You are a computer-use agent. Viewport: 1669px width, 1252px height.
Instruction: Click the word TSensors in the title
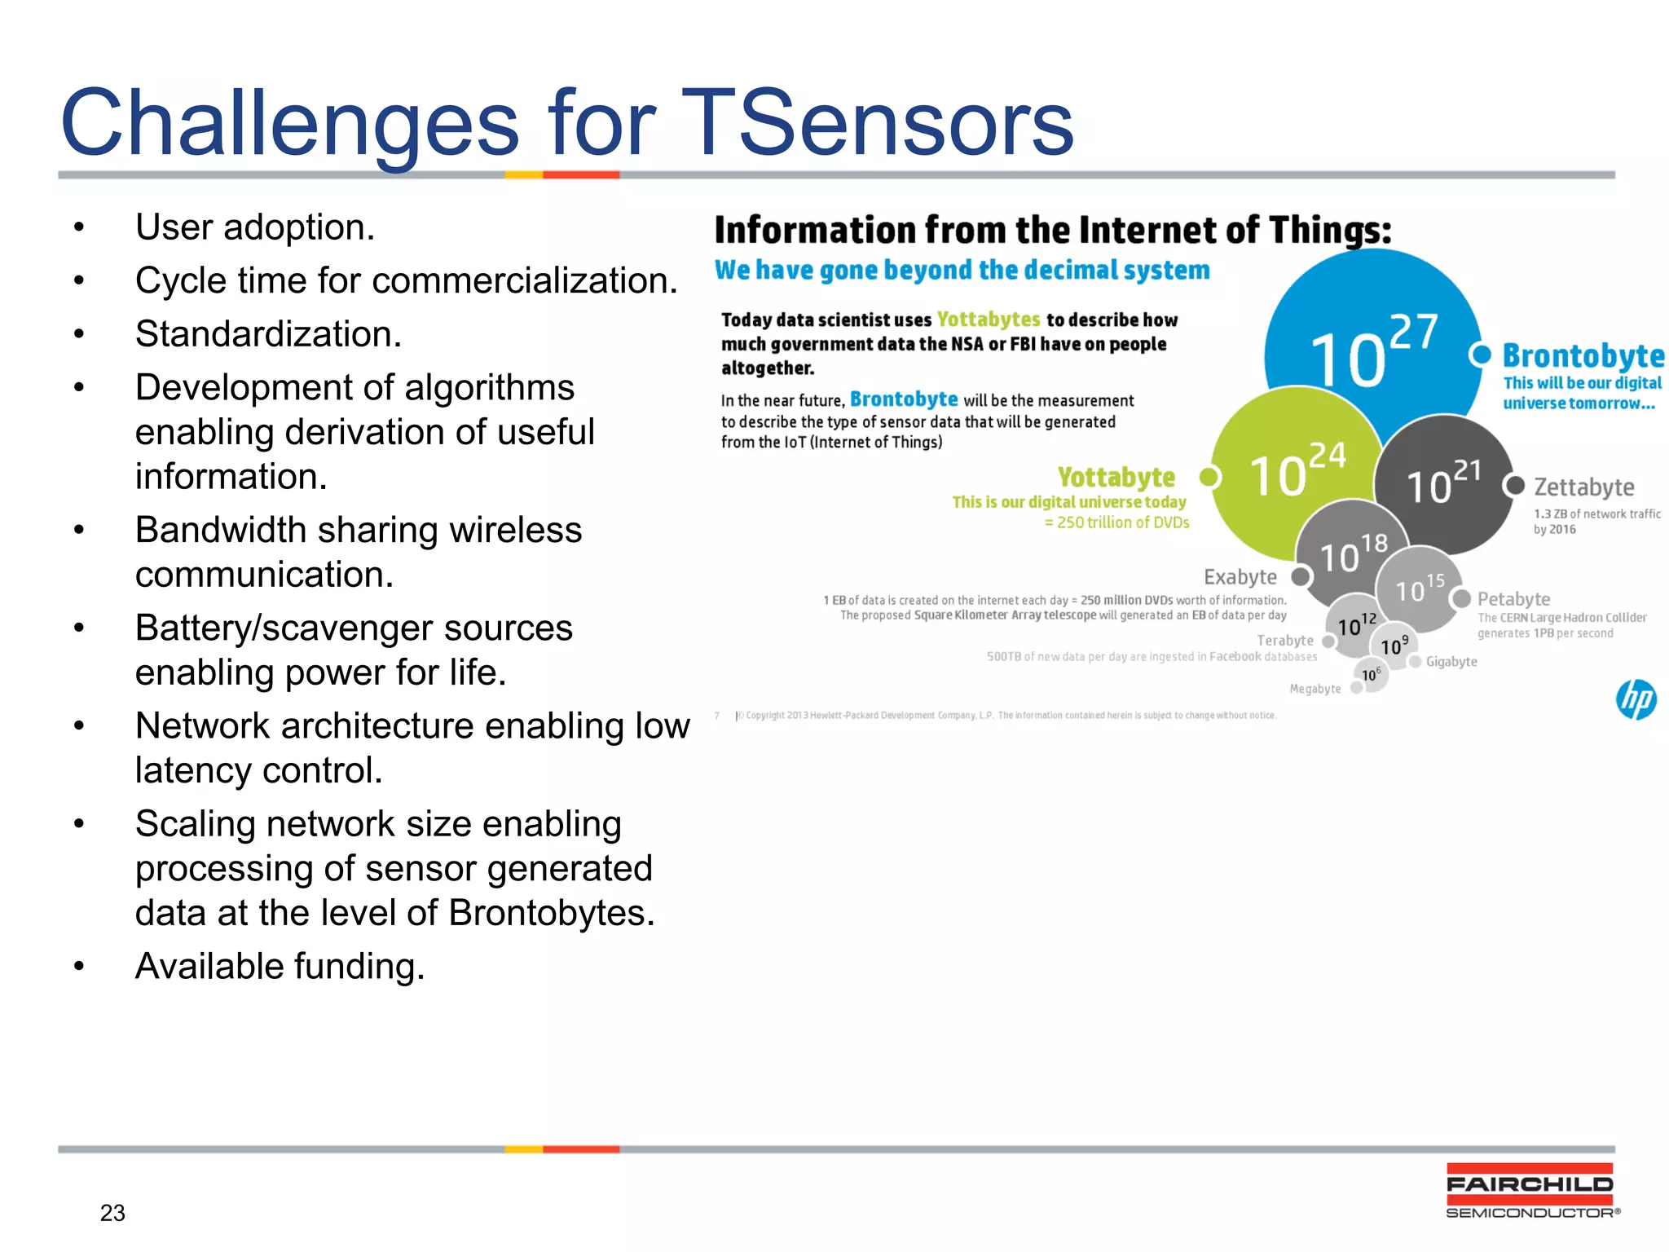pyautogui.click(x=877, y=124)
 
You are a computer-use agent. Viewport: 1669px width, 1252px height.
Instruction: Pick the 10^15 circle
pyautogui.click(x=1419, y=587)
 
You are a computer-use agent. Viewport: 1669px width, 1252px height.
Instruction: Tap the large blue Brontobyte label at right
pyautogui.click(x=1583, y=356)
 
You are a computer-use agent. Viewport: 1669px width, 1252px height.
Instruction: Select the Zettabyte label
pyautogui.click(x=1583, y=487)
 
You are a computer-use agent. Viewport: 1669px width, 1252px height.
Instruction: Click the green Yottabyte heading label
pyautogui.click(x=1116, y=477)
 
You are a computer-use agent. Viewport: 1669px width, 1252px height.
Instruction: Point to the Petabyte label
pyautogui.click(x=1513, y=599)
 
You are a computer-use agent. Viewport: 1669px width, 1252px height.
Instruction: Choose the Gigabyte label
pyautogui.click(x=1451, y=662)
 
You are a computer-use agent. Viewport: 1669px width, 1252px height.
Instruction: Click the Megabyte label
pyautogui.click(x=1315, y=689)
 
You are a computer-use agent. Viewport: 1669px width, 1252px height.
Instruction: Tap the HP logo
pyautogui.click(x=1636, y=699)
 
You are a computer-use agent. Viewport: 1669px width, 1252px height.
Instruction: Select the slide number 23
pyautogui.click(x=112, y=1213)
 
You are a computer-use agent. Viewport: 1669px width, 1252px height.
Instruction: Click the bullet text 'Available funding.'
pyautogui.click(x=280, y=967)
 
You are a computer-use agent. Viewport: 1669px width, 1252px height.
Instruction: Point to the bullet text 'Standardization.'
pyautogui.click(x=268, y=334)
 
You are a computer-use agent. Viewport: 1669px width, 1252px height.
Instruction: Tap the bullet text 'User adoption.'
pyautogui.click(x=254, y=227)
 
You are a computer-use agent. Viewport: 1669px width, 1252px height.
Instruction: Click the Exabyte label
pyautogui.click(x=1240, y=577)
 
